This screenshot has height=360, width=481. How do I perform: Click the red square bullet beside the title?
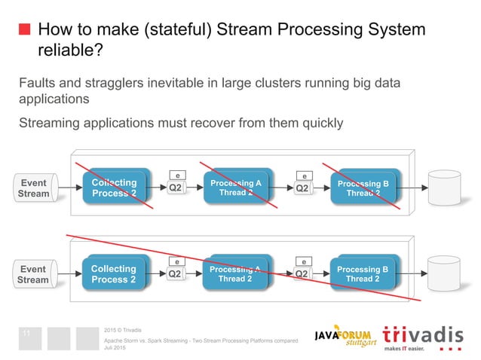pos(25,30)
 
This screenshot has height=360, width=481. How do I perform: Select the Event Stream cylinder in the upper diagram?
pos(34,188)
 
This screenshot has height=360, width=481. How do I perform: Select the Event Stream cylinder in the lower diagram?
pos(34,274)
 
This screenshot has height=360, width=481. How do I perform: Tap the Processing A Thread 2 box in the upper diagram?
pos(235,188)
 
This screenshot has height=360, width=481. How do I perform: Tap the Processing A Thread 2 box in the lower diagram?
pos(235,274)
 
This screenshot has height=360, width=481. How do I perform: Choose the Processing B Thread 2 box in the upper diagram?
pos(363,188)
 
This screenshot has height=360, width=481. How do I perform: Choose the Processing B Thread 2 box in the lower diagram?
pos(363,274)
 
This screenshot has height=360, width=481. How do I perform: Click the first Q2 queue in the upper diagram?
pos(176,188)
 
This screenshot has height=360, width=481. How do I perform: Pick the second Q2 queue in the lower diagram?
pos(302,274)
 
